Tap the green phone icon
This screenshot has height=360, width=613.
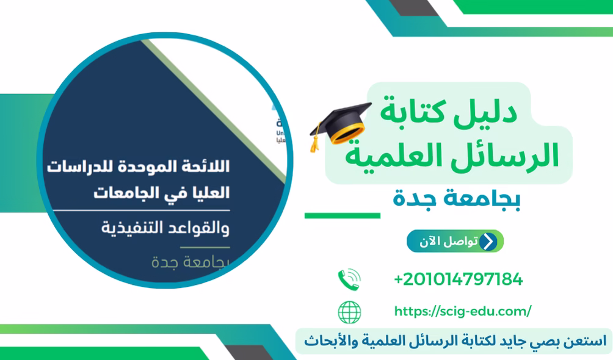click(x=349, y=279)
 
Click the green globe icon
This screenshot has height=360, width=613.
click(x=349, y=312)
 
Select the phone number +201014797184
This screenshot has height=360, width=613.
click(x=458, y=279)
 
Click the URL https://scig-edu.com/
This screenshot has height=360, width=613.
click(x=462, y=312)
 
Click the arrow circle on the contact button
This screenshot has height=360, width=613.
click(x=487, y=242)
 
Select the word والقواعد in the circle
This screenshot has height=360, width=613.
click(x=189, y=229)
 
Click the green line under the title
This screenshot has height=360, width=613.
click(x=342, y=215)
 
